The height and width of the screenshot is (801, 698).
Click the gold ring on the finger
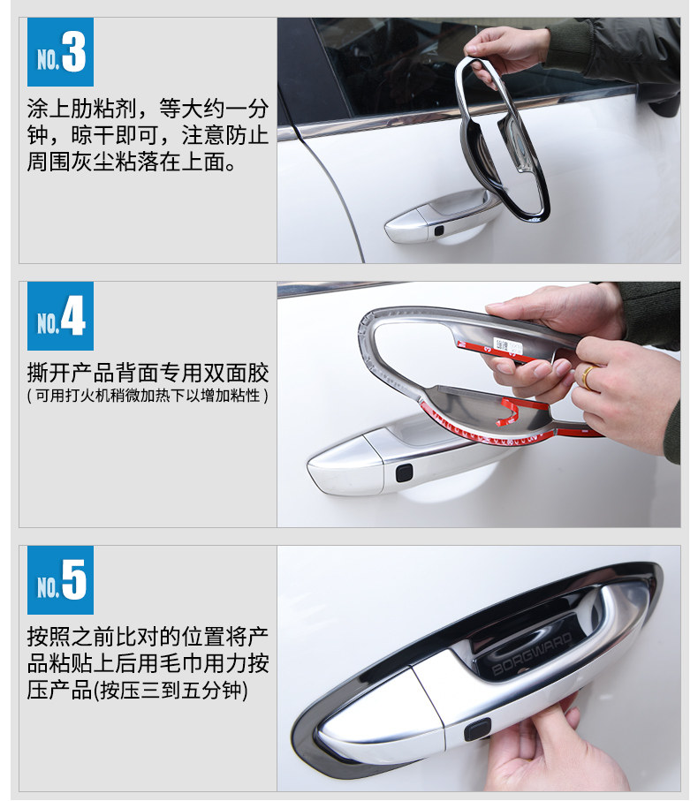click(x=587, y=377)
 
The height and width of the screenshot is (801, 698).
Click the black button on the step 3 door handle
click(x=438, y=230)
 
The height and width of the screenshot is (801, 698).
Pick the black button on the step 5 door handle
click(x=480, y=730)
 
